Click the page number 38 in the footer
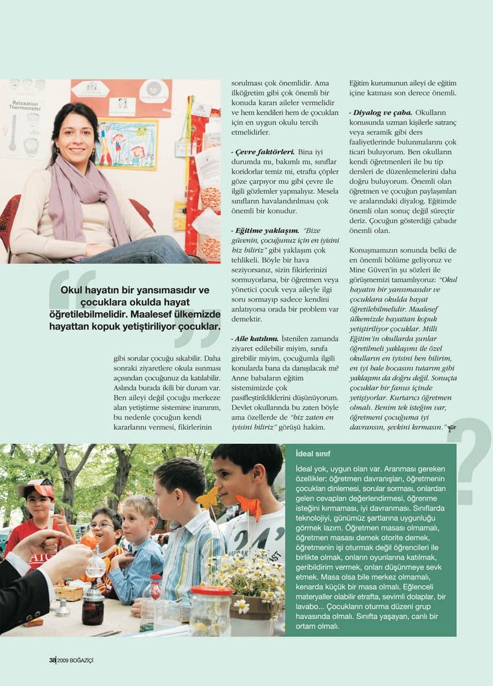tap(52, 660)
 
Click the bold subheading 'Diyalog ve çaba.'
tap(381, 112)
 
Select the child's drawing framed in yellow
tap(126, 143)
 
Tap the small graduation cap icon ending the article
tap(452, 428)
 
